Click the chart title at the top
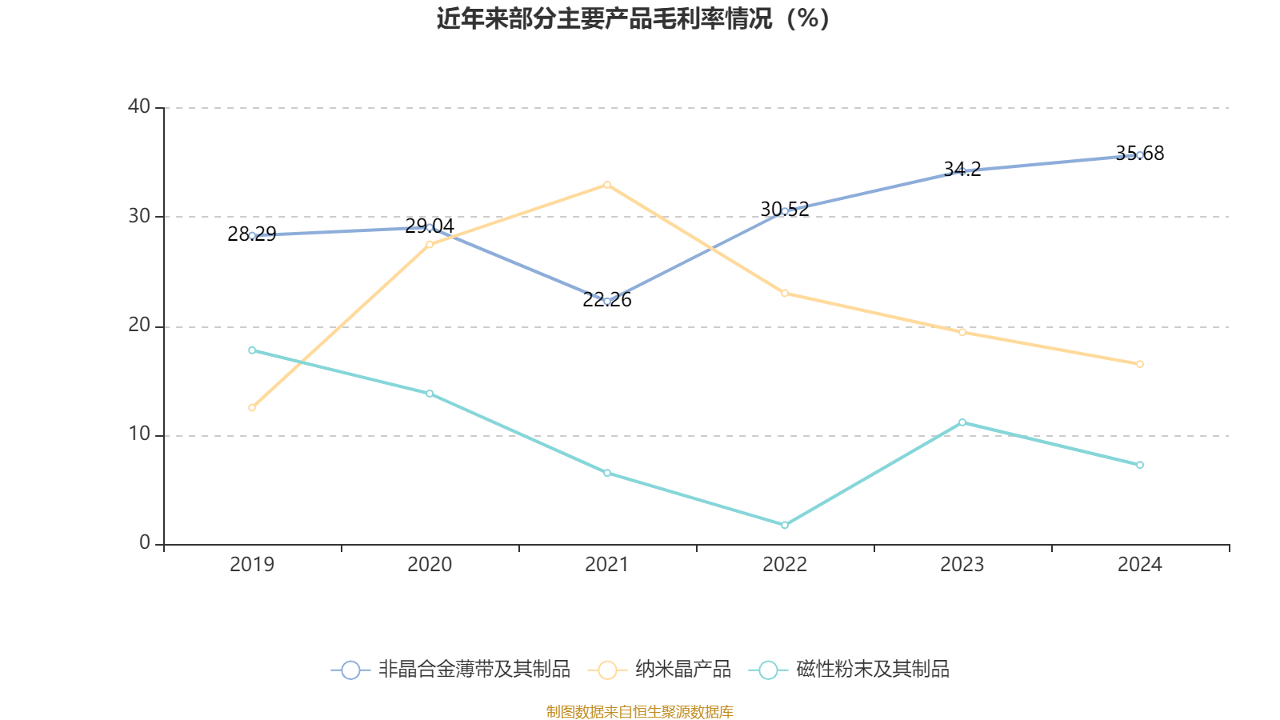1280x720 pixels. (x=633, y=18)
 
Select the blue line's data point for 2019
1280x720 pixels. (x=252, y=235)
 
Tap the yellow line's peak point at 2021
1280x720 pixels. (x=607, y=185)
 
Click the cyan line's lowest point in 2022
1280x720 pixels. (x=785, y=525)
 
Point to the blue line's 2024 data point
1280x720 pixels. (x=1140, y=155)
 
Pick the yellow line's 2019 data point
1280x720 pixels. (x=252, y=407)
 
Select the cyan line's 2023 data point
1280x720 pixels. (x=962, y=422)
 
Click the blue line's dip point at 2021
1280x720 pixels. (x=607, y=301)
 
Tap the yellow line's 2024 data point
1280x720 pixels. (x=1140, y=364)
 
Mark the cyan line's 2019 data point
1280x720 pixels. (x=252, y=350)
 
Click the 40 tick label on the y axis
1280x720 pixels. (x=139, y=106)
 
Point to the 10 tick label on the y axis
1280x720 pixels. (x=139, y=434)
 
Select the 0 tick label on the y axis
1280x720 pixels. (x=145, y=543)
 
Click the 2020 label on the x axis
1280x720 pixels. (x=430, y=565)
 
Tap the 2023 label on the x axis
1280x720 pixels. (x=962, y=565)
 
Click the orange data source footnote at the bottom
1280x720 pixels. (x=640, y=711)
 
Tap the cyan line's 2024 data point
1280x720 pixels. (x=1140, y=465)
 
